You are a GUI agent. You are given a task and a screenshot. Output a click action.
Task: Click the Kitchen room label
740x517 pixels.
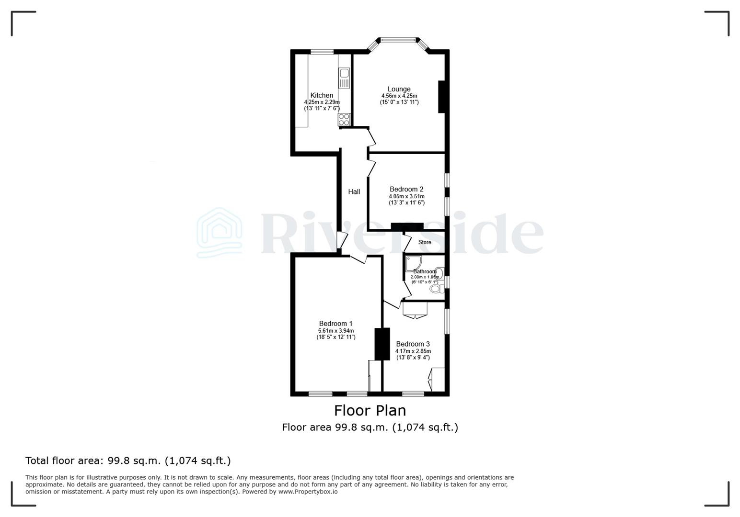[x=322, y=95]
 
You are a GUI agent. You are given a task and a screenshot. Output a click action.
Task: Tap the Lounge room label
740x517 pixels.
[x=399, y=89]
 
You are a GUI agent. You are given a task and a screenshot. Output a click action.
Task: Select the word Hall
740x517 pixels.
[x=354, y=191]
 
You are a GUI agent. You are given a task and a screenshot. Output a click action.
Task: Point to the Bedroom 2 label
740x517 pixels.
[x=406, y=189]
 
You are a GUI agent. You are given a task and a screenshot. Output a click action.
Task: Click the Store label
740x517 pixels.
[x=425, y=242]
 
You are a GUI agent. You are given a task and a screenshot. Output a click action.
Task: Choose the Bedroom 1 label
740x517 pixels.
[x=336, y=324]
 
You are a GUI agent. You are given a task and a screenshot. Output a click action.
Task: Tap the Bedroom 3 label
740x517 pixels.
[x=413, y=344]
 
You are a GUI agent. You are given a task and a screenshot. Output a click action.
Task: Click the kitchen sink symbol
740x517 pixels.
[x=344, y=78]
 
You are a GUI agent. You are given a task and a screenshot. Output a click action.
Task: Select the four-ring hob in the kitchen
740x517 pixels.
[x=344, y=119]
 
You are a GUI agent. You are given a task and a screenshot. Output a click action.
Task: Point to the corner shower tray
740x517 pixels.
[x=414, y=263]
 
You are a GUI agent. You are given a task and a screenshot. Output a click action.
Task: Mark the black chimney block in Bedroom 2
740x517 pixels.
[x=407, y=226]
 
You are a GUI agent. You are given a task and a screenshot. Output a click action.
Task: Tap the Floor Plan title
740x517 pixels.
[x=370, y=410]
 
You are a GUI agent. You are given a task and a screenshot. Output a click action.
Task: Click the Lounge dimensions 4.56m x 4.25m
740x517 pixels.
[x=399, y=96]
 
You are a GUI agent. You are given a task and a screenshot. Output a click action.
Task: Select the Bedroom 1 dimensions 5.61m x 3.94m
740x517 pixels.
[x=336, y=331]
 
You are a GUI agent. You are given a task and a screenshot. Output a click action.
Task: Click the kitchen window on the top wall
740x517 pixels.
[x=322, y=52]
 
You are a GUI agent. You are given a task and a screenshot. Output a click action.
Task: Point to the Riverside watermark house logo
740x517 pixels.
[x=220, y=233]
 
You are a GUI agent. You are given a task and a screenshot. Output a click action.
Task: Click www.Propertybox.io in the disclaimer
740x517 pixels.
[x=308, y=492]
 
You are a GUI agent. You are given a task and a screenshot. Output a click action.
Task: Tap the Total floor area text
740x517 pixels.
[x=128, y=461]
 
